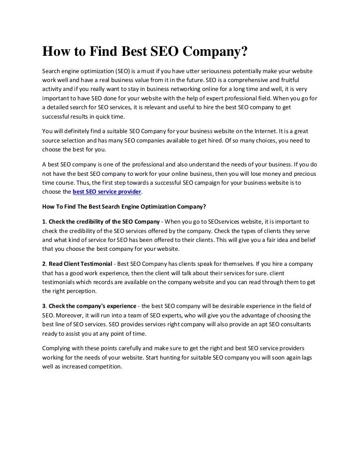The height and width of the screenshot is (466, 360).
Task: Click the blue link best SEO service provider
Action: click(106, 192)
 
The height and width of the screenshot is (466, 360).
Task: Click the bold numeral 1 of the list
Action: click(44, 222)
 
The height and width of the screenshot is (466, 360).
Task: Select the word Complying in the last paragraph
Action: click(58, 349)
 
